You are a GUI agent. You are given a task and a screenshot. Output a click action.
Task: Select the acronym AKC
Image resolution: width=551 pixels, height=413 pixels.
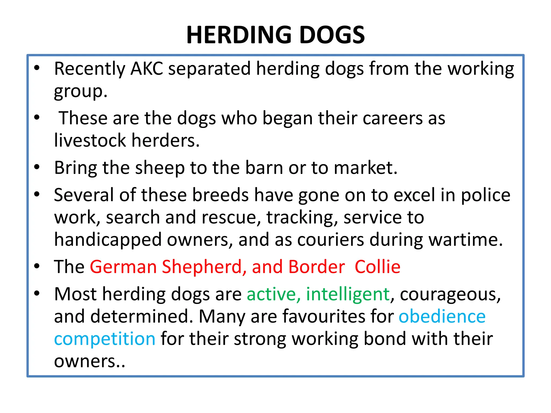[147, 69]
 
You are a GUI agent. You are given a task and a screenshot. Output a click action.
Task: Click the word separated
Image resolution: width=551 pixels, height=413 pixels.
[210, 69]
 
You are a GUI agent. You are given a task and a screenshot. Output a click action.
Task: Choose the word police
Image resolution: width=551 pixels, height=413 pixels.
[486, 195]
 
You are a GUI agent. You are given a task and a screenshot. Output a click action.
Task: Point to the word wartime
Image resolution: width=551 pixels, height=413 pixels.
[465, 240]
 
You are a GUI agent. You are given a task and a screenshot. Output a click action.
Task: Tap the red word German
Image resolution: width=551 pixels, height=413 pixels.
[123, 267]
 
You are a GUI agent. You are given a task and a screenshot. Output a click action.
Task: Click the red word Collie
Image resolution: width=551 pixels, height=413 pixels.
[377, 267]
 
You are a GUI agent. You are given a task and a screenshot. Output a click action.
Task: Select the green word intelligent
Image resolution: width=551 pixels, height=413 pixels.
[348, 294]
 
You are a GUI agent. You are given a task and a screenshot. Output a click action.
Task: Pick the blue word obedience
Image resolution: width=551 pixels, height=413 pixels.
[442, 316]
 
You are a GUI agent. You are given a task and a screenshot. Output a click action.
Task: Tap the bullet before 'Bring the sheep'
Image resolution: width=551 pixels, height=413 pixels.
[37, 167]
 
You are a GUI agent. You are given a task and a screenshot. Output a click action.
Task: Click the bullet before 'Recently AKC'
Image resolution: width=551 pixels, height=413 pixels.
[37, 68]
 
